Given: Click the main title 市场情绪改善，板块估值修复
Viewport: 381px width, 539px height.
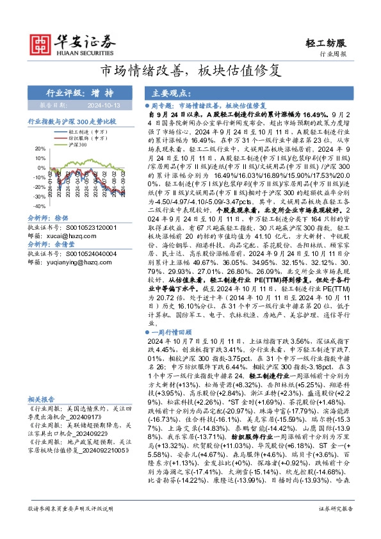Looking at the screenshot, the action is point(190,70).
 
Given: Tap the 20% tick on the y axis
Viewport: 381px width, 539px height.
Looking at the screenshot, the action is point(39,149).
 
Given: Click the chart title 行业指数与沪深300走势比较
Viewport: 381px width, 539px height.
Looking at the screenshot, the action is point(71,120).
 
